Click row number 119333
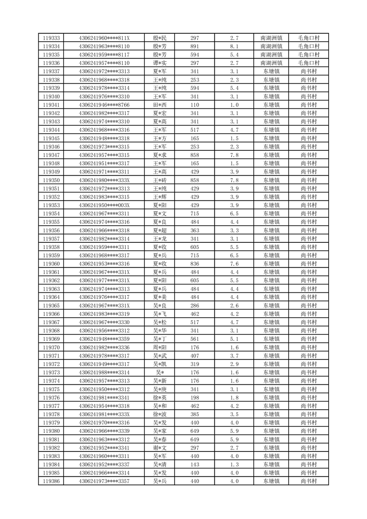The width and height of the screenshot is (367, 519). [51, 38]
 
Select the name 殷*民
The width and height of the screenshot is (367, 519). [159, 38]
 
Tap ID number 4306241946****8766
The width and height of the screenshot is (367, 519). [104, 105]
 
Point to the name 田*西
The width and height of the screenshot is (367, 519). [159, 105]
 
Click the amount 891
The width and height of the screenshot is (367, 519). [195, 46]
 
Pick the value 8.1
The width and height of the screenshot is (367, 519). [234, 46]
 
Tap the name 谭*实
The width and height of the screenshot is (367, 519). [159, 63]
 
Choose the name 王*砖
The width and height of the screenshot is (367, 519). [159, 180]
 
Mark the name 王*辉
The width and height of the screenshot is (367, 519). [159, 197]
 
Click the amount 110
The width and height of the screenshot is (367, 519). [195, 105]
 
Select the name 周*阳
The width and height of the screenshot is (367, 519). [159, 347]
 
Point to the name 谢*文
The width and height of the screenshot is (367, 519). [159, 448]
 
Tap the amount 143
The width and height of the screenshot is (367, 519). [195, 464]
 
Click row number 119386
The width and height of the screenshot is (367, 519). [51, 481]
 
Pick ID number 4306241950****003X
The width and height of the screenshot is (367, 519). [104, 205]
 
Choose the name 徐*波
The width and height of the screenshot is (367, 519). [159, 414]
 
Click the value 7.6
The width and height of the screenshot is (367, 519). [234, 264]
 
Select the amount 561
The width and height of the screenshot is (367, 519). [195, 339]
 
